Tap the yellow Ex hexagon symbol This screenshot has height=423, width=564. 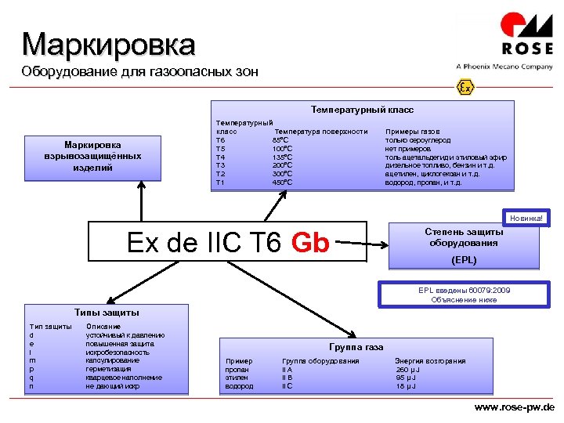[465, 87]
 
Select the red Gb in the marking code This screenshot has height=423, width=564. [310, 243]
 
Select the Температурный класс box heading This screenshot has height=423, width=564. [362, 110]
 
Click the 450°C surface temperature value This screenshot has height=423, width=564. [283, 183]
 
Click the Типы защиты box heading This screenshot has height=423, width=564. [107, 313]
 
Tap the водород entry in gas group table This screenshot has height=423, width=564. [239, 386]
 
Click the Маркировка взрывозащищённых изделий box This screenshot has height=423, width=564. [93, 156]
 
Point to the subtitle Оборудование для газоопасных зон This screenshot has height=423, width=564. [139, 72]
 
